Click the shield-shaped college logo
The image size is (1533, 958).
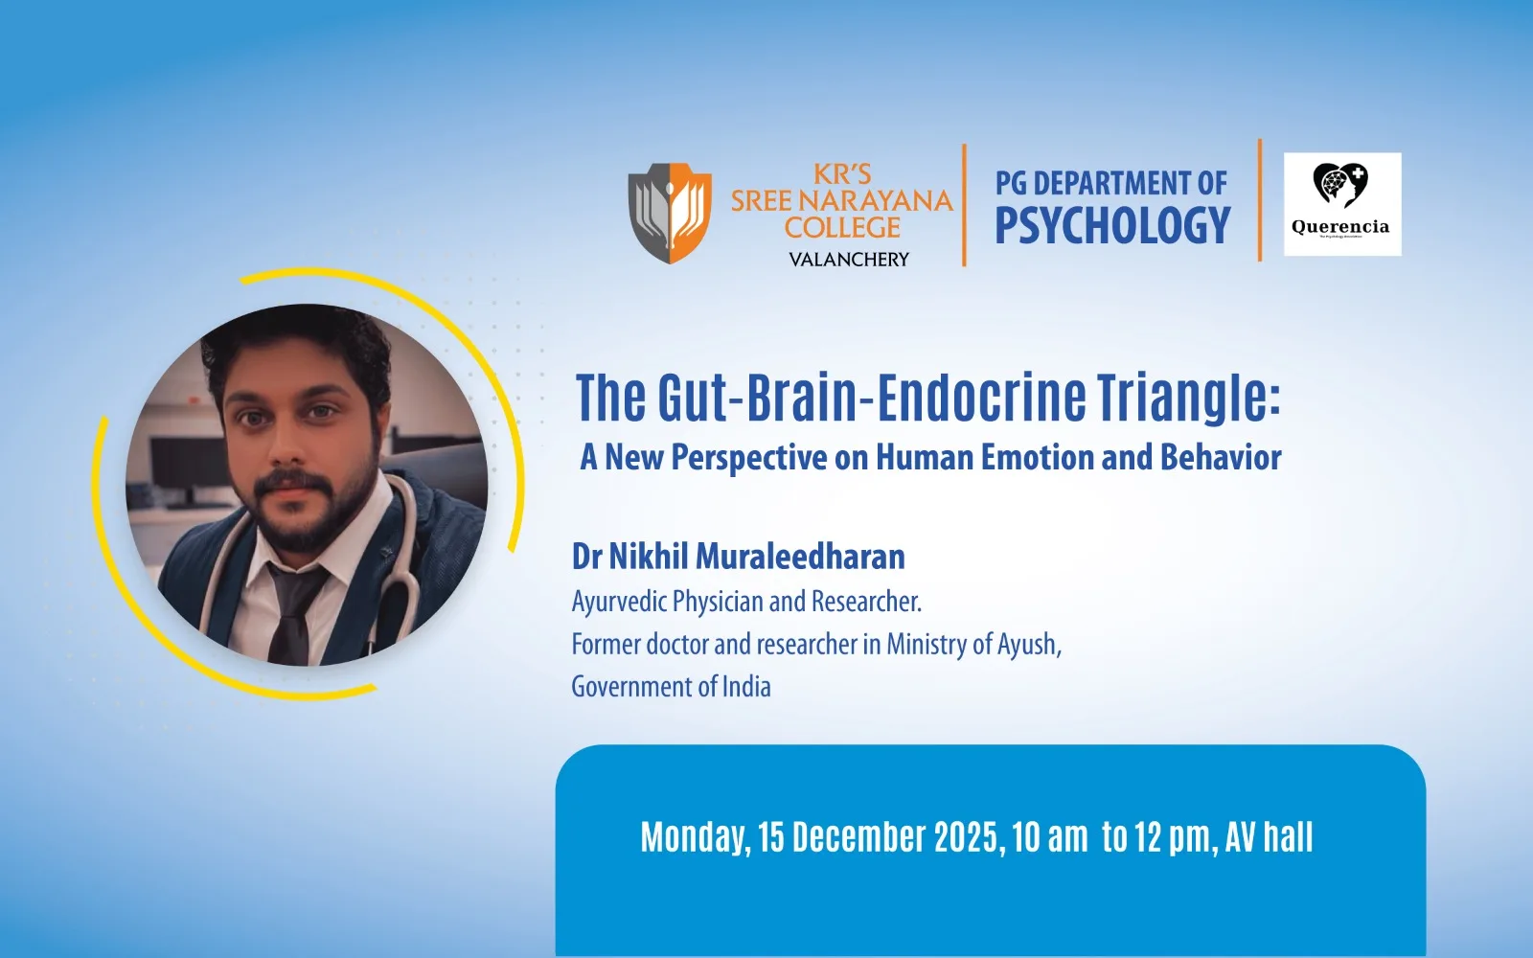click(670, 213)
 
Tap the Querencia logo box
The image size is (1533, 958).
click(1342, 204)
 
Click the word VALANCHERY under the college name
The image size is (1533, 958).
click(849, 260)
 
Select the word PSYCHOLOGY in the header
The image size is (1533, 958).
click(1112, 225)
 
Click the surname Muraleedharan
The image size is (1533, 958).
click(800, 557)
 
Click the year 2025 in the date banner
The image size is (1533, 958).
click(970, 837)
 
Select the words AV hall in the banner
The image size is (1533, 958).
click(1269, 837)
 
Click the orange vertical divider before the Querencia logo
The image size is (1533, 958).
click(1260, 200)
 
